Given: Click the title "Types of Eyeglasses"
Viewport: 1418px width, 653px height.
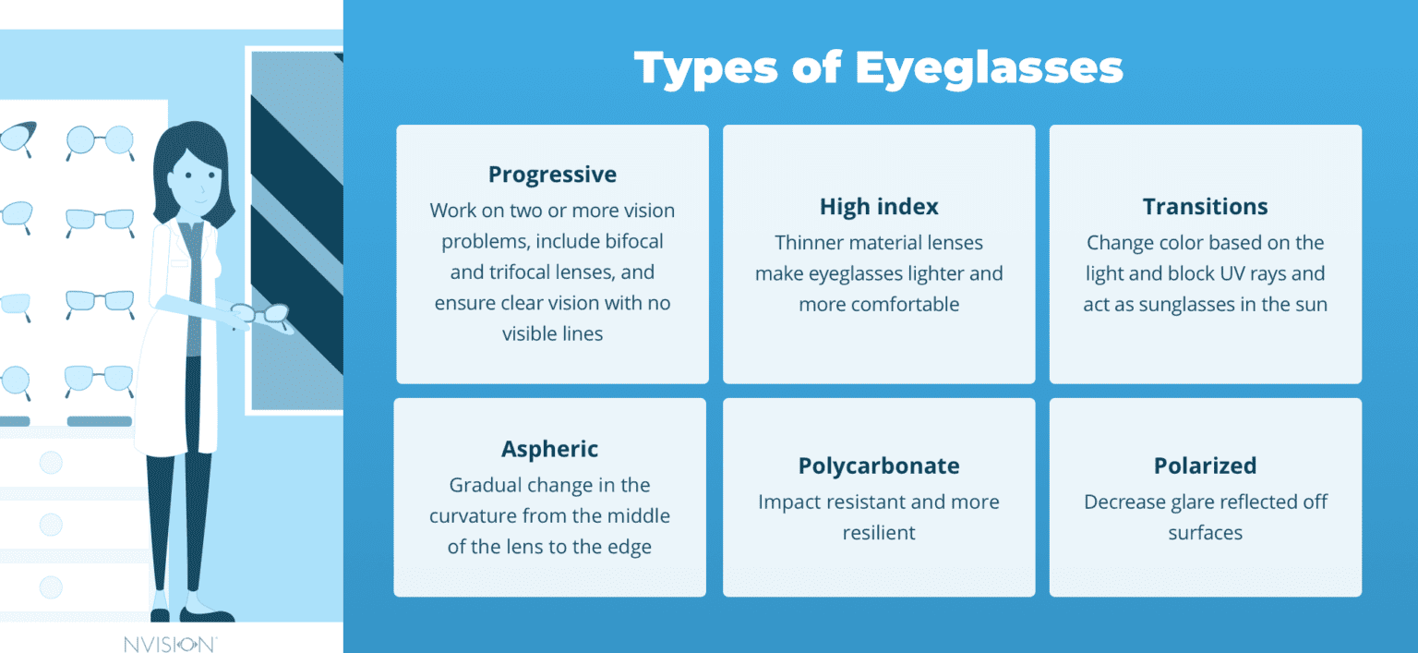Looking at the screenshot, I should (878, 67).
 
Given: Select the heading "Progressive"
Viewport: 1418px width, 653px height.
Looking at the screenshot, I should (552, 175).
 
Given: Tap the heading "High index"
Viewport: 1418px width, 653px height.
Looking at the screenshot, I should (878, 207).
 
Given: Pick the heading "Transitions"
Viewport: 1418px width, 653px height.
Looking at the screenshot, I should (1205, 207).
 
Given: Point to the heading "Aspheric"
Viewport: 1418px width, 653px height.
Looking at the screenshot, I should (549, 450).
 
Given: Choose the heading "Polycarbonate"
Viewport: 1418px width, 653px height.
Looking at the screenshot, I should (878, 466).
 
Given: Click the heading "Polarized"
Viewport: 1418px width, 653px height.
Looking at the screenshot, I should (1205, 466).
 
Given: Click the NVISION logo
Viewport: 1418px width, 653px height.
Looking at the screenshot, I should (171, 643).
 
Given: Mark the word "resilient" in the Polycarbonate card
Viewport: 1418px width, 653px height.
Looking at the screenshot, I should (878, 533).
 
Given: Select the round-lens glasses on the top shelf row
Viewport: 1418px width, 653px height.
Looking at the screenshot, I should (100, 140).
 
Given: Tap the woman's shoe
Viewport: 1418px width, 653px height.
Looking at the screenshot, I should (208, 614).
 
